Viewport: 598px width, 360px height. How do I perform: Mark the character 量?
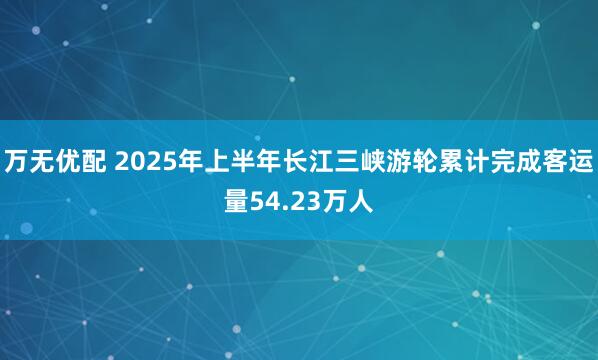coord(236,204)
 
